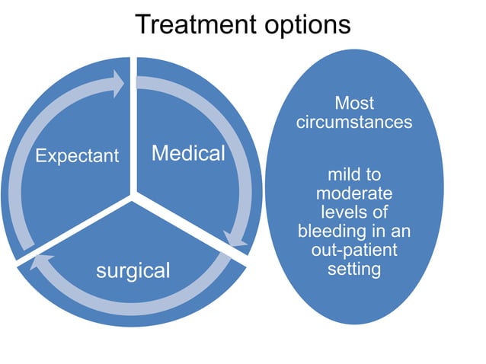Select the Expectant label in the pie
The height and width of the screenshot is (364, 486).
pos(78,156)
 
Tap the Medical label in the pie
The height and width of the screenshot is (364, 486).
pos(188,154)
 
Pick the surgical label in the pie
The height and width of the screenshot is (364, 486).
pos(133,270)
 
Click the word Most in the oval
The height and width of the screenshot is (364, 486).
pos(354,102)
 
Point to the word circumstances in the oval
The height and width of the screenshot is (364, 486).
pos(354,121)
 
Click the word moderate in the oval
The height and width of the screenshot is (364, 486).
pos(354,193)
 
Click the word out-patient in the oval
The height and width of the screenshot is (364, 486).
pos(354,250)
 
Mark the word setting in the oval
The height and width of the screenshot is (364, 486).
pos(354,268)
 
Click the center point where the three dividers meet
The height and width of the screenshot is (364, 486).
pos(133,196)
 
